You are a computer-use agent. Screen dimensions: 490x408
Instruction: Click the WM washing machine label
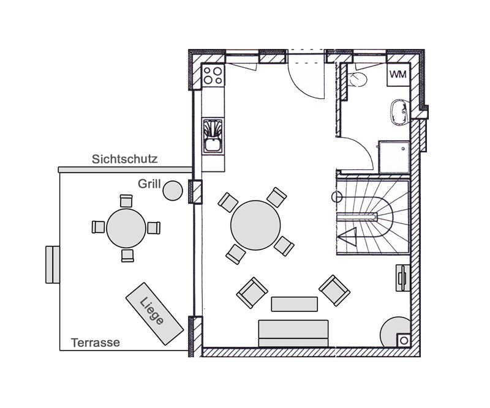click(398, 74)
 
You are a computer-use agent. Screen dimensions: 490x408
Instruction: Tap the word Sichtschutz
click(124, 159)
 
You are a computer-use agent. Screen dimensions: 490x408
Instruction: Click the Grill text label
click(149, 184)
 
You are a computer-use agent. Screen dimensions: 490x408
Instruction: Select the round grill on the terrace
click(173, 190)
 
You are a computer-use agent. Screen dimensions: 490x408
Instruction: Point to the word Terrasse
click(96, 343)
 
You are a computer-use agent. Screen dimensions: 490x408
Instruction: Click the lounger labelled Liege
click(154, 313)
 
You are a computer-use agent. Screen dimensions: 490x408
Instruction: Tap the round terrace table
click(126, 228)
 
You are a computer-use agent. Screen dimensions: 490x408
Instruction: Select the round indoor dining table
click(255, 225)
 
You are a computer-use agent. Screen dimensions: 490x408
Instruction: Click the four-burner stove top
click(213, 75)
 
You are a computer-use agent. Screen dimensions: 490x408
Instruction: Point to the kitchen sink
click(213, 136)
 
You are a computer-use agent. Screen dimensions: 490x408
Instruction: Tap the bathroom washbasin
click(400, 113)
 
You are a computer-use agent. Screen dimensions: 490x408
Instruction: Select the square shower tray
click(394, 157)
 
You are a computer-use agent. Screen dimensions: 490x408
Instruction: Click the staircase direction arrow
click(347, 237)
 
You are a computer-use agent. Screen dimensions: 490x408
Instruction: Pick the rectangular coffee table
click(295, 304)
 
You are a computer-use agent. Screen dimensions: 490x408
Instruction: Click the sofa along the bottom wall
click(293, 333)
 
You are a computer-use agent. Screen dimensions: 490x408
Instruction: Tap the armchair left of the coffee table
click(252, 293)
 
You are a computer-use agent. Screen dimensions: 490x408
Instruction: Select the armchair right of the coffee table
click(334, 291)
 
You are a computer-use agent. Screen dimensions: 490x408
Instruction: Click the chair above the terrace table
click(126, 201)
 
